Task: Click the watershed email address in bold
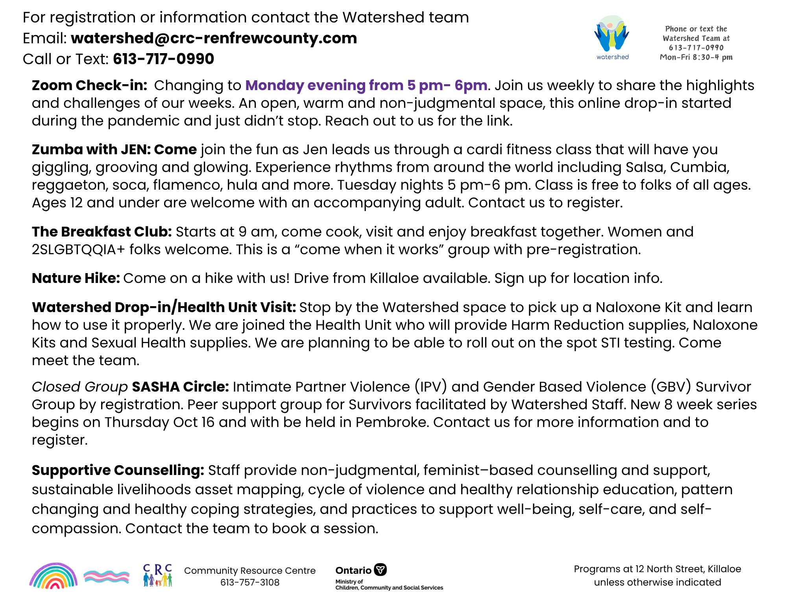coord(214,38)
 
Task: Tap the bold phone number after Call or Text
coord(163,59)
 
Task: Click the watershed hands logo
coord(611,35)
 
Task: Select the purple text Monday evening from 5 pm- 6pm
coord(366,85)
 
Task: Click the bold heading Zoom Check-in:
coord(89,85)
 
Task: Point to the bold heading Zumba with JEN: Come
coord(114,150)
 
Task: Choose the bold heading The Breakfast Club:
coord(102,232)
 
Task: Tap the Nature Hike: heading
coord(76,278)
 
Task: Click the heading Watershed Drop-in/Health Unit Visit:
coord(164,307)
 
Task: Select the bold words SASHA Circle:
coord(180,387)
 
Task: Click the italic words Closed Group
coord(79,387)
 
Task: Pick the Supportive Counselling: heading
coord(118,470)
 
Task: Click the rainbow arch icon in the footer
coord(54,576)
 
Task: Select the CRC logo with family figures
coord(157,575)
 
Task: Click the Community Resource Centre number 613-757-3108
coord(250,582)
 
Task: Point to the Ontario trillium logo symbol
coord(380,569)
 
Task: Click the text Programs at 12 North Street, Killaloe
coord(657,569)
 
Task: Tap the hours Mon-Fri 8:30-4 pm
coord(696,57)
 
